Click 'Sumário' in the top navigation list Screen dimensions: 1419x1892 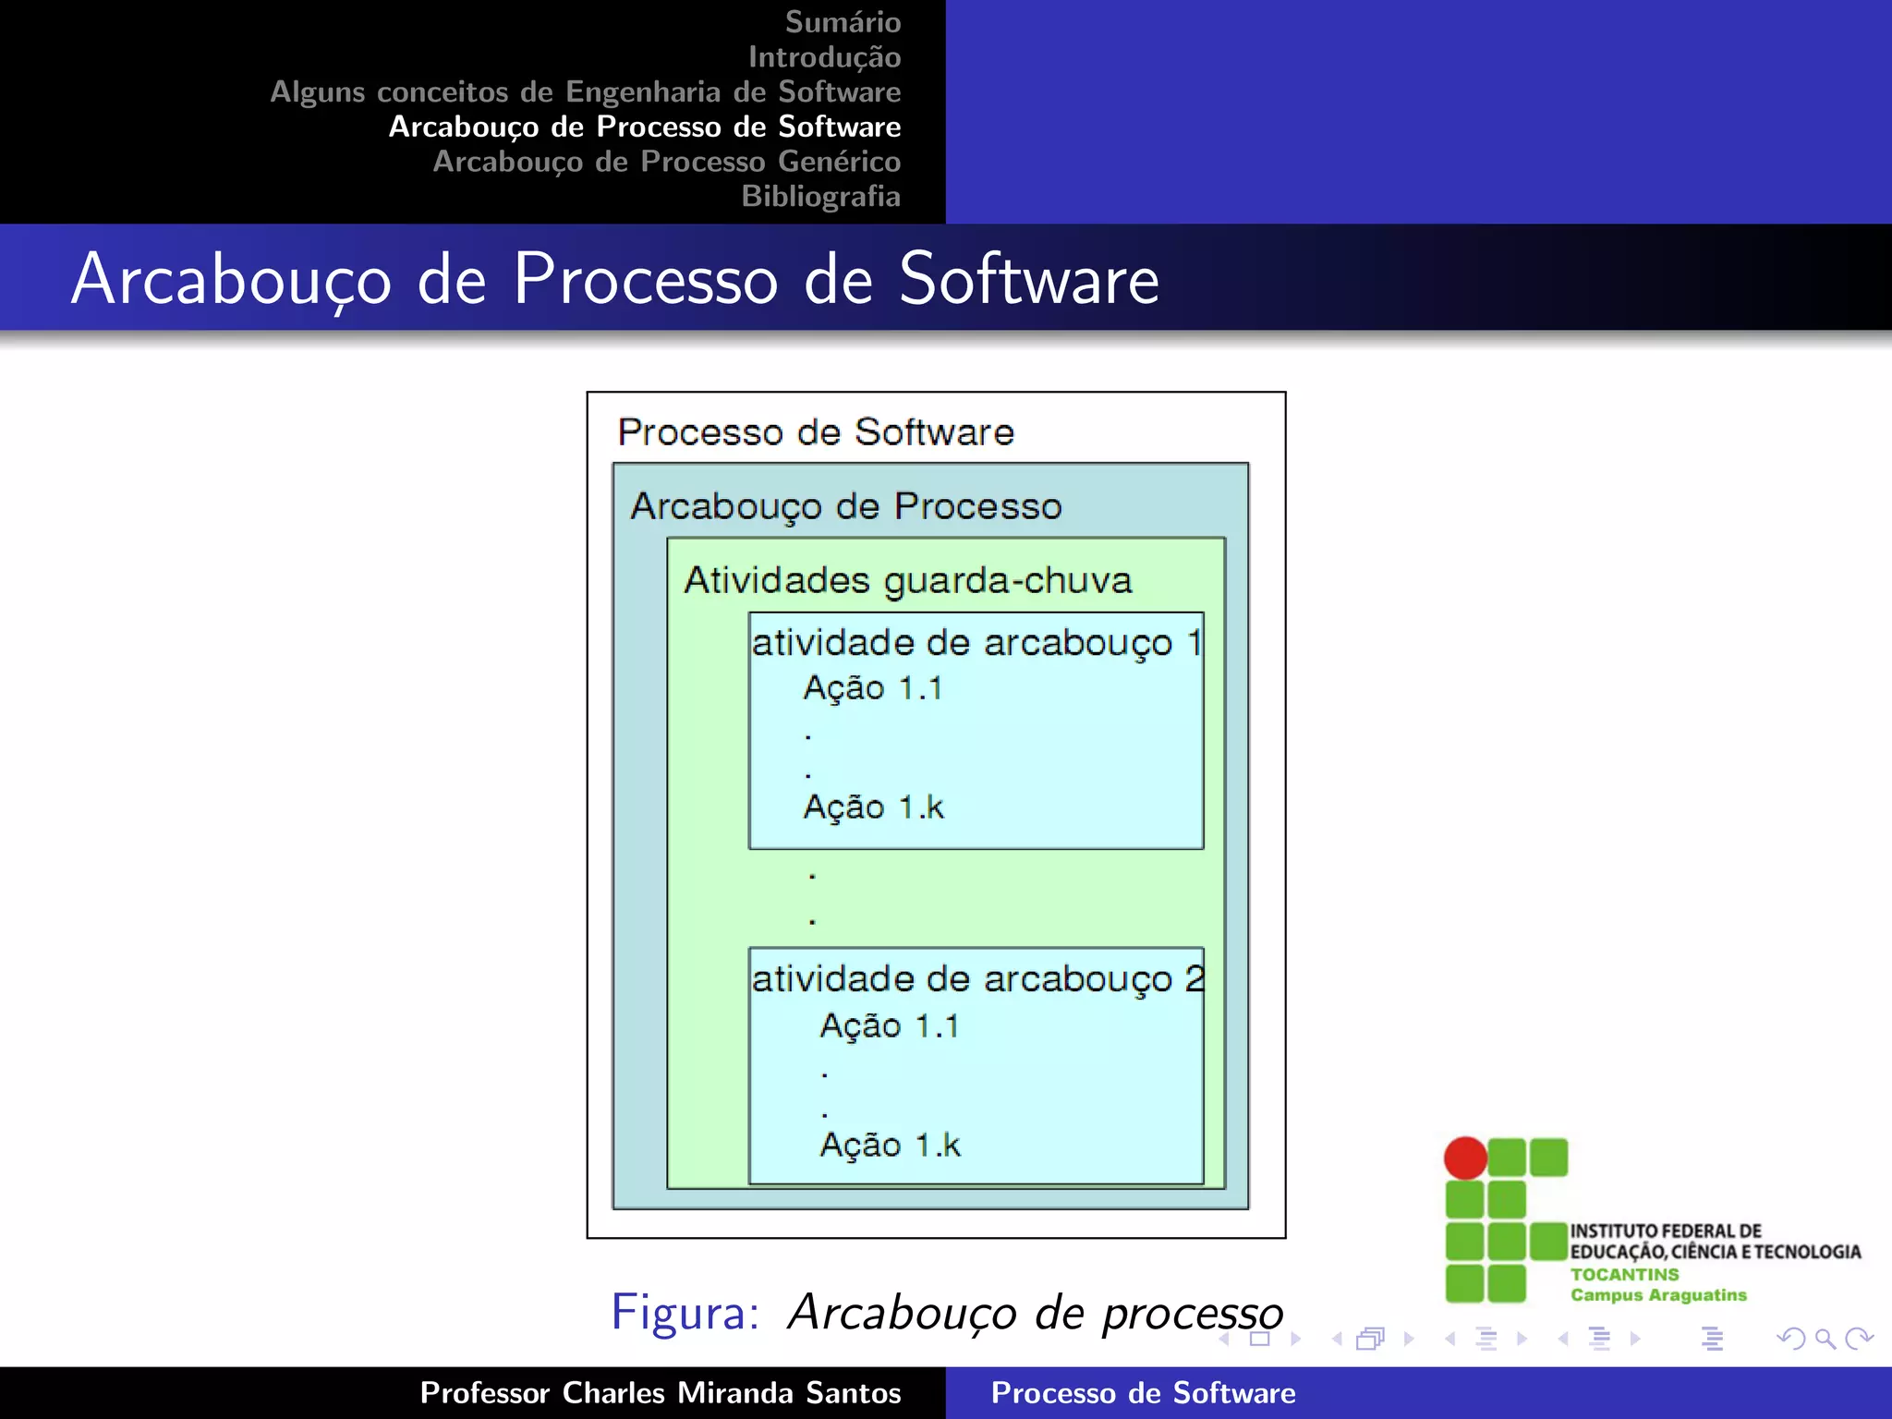(x=843, y=22)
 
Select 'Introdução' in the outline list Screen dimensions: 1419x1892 (x=824, y=57)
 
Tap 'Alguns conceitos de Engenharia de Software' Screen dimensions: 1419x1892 (x=585, y=92)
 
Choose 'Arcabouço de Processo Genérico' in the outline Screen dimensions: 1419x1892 (x=666, y=162)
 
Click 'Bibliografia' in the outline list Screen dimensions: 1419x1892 (x=820, y=197)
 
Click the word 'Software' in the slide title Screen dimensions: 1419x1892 (x=1028, y=279)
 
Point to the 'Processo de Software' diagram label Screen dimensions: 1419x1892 (x=816, y=432)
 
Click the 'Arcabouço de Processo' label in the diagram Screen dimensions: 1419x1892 (x=846, y=506)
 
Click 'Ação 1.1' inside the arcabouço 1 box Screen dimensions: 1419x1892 (x=872, y=688)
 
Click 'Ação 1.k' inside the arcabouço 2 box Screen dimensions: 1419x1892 (x=890, y=1146)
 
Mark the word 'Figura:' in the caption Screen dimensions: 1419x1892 (x=685, y=1312)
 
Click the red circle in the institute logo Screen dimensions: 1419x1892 (x=1465, y=1158)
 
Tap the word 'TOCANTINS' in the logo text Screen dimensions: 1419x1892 (x=1624, y=1274)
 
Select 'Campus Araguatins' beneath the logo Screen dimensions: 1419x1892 (x=1658, y=1295)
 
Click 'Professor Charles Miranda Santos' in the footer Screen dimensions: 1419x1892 (x=660, y=1393)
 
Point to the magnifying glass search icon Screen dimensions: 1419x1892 (x=1825, y=1339)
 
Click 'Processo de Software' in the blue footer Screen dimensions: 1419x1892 (x=1143, y=1393)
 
